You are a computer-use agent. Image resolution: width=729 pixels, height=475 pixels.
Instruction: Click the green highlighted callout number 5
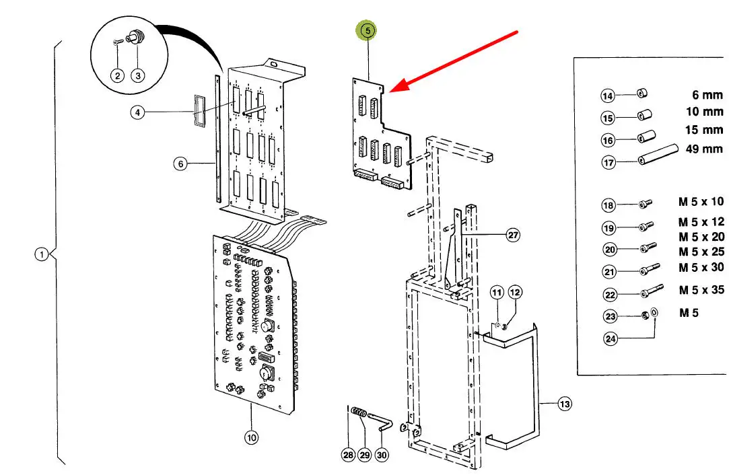pyautogui.click(x=368, y=30)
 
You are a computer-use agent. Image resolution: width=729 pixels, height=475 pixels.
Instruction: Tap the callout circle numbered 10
pyautogui.click(x=250, y=438)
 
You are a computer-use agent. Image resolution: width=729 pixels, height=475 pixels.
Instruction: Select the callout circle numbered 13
pyautogui.click(x=564, y=404)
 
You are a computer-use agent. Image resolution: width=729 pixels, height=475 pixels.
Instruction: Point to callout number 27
pyautogui.click(x=513, y=235)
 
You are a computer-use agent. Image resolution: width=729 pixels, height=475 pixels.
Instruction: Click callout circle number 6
pyautogui.click(x=180, y=163)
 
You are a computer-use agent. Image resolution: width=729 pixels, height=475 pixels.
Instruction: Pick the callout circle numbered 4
pyautogui.click(x=137, y=112)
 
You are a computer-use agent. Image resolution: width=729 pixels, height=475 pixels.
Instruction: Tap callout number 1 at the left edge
pyautogui.click(x=42, y=254)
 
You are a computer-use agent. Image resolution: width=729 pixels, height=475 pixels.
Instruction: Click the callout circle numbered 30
pyautogui.click(x=382, y=455)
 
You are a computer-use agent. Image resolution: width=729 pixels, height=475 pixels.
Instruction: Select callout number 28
pyautogui.click(x=347, y=455)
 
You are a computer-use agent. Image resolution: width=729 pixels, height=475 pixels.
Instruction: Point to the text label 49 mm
pyautogui.click(x=704, y=149)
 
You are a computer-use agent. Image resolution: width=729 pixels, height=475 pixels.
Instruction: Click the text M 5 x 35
pyautogui.click(x=701, y=291)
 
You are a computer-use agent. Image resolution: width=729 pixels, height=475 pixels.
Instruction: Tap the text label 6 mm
pyautogui.click(x=707, y=96)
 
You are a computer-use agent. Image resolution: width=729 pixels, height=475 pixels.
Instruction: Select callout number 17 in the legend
pyautogui.click(x=609, y=163)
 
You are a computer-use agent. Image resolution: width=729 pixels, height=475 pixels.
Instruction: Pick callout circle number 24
pyautogui.click(x=611, y=338)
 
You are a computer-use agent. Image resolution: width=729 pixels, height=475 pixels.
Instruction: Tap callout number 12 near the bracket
pyautogui.click(x=515, y=292)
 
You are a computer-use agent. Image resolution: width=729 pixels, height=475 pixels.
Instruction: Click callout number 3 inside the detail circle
pyautogui.click(x=137, y=75)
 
